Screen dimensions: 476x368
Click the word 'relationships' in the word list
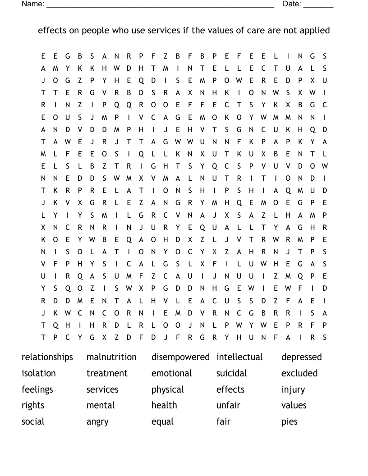pyautogui.click(x=47, y=357)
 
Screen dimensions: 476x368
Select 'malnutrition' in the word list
pyautogui.click(x=111, y=357)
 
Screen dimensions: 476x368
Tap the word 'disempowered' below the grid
pyautogui.click(x=180, y=357)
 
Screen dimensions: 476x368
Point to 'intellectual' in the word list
pyautogui.click(x=239, y=357)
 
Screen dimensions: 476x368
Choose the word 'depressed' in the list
pyautogui.click(x=301, y=357)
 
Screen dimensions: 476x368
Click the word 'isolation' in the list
pyautogui.click(x=39, y=373)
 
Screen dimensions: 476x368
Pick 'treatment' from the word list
pyautogui.click(x=107, y=373)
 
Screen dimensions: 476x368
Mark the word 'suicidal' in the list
pyautogui.click(x=231, y=373)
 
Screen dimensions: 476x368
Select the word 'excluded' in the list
pyautogui.click(x=299, y=373)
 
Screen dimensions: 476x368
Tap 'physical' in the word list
pyautogui.click(x=167, y=389)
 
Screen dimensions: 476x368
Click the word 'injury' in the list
pyautogui.click(x=293, y=389)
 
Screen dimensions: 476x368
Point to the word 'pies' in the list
pyautogui.click(x=290, y=422)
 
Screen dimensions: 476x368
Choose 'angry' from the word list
pyautogui.click(x=97, y=422)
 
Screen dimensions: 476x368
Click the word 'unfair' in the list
pyautogui.click(x=228, y=405)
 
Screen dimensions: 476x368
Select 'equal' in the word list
pyautogui.click(x=162, y=422)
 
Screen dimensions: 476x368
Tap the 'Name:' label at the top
pyautogui.click(x=33, y=4)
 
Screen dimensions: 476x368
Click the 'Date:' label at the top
pyautogui.click(x=292, y=4)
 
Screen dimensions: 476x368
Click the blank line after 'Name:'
pyautogui.click(x=160, y=6)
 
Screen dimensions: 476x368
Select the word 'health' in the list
pyautogui.click(x=164, y=405)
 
